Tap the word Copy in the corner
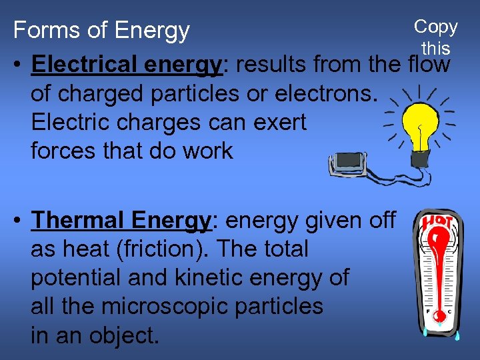[435, 27]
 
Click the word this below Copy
[435, 49]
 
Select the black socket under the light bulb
[420, 158]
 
